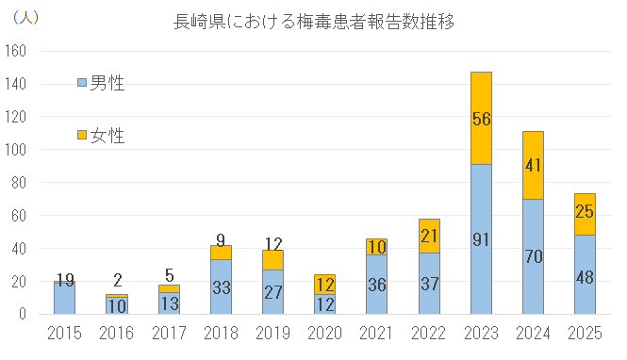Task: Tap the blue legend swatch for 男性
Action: coord(81,84)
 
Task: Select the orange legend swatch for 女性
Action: coord(81,136)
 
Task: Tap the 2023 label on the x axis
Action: coord(481,333)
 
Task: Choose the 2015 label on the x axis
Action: coord(64,333)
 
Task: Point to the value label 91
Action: coord(481,239)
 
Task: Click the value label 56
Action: coord(481,118)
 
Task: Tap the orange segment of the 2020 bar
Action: coord(324,285)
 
